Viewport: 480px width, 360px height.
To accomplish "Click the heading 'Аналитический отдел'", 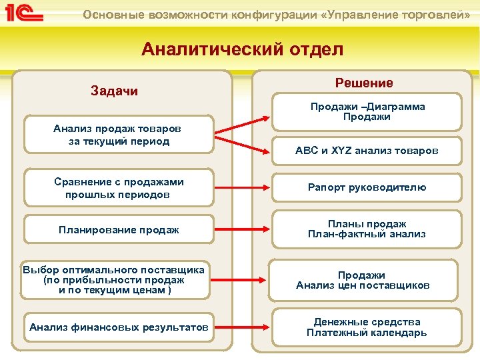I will click(x=242, y=50).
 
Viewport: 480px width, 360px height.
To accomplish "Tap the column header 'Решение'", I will click(x=364, y=83).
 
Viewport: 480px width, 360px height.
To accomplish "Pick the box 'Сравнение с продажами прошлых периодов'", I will click(x=119, y=188).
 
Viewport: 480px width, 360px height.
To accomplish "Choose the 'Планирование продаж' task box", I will click(x=119, y=230).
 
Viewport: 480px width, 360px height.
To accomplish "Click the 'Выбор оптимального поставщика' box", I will click(x=113, y=280).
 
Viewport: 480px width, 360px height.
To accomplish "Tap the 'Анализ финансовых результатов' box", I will click(x=119, y=327).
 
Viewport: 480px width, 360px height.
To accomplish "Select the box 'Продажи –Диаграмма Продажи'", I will click(x=367, y=111).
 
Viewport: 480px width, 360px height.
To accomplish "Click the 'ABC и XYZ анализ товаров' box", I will click(x=367, y=151).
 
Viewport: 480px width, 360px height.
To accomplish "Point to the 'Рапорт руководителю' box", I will click(x=367, y=187).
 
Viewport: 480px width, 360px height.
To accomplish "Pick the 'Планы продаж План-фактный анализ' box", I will click(x=367, y=229).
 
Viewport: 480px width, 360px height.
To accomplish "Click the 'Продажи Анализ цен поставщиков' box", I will click(x=363, y=280).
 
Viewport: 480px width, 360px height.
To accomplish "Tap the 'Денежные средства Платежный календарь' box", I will click(x=367, y=327).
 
